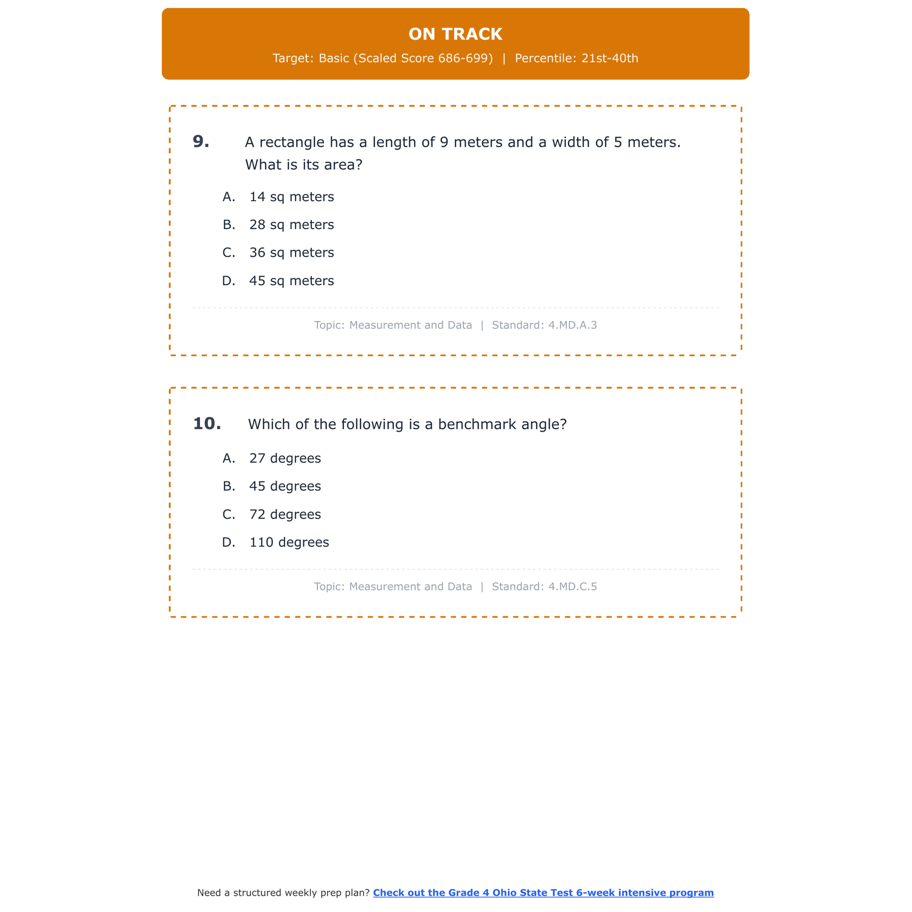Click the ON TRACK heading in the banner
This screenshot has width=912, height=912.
tap(455, 34)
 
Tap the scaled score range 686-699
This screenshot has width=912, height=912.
tap(465, 58)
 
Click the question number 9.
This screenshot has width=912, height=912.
tap(201, 142)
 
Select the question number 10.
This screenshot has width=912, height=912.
tap(207, 424)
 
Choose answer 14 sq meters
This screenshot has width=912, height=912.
tap(291, 197)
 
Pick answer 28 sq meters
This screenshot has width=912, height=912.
tap(291, 225)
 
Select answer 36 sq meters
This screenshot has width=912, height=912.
tap(291, 253)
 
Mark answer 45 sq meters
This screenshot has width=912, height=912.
tap(291, 281)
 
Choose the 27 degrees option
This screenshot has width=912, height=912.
tap(285, 458)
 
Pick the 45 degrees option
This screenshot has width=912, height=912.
tap(285, 486)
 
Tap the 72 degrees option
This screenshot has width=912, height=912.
tap(285, 514)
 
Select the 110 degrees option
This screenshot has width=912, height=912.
tap(289, 542)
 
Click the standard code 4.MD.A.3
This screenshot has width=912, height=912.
tap(572, 325)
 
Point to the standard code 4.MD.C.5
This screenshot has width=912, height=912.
tap(572, 587)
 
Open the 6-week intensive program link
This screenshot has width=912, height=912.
tap(543, 893)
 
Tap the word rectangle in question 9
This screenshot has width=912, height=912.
tap(292, 142)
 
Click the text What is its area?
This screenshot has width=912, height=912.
tap(303, 165)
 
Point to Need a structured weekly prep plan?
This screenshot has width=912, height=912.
tap(283, 893)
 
